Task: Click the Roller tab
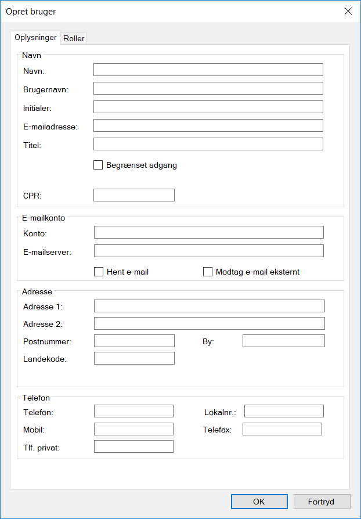74,39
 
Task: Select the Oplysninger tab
35,38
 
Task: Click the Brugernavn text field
208,88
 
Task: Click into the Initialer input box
208,107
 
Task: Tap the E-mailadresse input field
208,125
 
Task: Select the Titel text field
208,144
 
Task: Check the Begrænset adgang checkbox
98,165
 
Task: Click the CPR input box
133,195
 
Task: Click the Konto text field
208,232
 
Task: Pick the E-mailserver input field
208,251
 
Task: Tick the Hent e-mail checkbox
99,272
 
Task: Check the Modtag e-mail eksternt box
208,272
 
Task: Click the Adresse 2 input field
209,323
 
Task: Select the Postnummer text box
134,341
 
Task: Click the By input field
283,341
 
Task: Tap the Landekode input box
134,358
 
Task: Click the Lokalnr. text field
284,411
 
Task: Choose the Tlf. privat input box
133,446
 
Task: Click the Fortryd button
322,502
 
